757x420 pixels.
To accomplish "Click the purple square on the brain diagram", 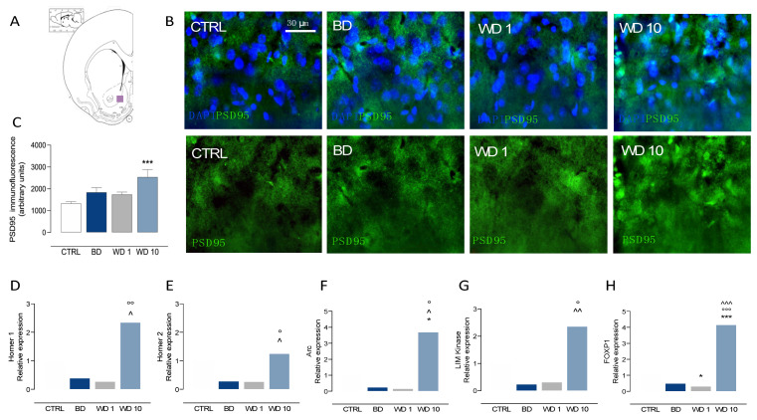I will coord(120,100).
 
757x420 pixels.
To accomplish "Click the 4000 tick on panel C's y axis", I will coord(37,146).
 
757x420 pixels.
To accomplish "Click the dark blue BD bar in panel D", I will coord(79,383).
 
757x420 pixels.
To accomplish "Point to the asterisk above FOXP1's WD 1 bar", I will coord(700,377).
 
